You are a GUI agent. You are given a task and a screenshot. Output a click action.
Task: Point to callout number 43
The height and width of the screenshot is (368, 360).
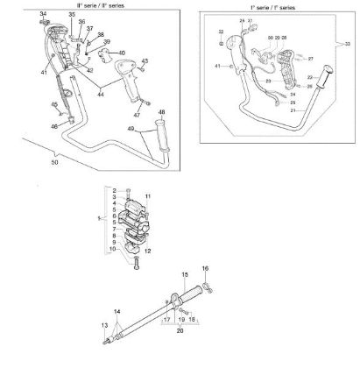tap(145, 60)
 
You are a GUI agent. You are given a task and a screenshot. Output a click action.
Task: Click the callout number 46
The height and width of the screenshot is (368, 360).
tap(54, 127)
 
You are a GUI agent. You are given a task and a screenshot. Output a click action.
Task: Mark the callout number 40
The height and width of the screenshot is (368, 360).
tap(122, 53)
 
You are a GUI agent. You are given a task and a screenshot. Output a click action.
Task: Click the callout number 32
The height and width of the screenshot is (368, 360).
tap(221, 32)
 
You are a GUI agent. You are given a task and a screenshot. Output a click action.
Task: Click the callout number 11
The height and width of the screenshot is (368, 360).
tap(149, 196)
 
